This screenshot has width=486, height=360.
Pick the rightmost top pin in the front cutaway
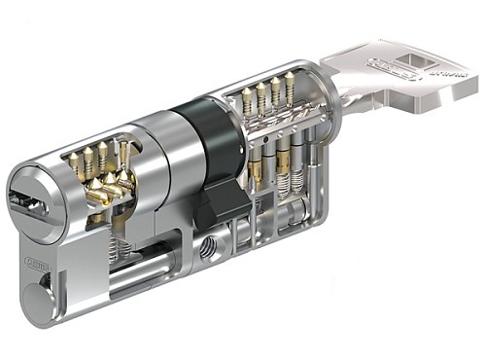(123, 148)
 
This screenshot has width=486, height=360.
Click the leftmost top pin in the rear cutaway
(247, 98)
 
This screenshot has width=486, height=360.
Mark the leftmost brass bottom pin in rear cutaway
(255, 165)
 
